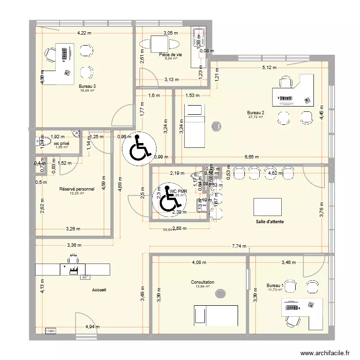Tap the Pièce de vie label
(171, 55)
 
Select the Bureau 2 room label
(256, 112)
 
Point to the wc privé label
(61, 144)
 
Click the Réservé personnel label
(77, 189)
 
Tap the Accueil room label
(100, 290)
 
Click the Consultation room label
(202, 282)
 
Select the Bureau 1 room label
(276, 286)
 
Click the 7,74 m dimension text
(239, 246)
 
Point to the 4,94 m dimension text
(93, 327)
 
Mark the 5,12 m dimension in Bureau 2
(269, 68)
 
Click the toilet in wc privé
(39, 142)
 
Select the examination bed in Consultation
(216, 315)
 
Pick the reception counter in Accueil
(72, 269)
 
